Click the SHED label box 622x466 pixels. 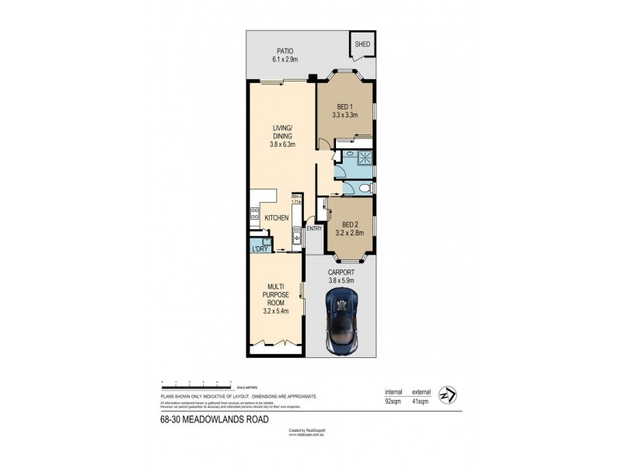(x=362, y=44)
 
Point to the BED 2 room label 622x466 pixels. (x=348, y=226)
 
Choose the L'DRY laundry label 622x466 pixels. (x=258, y=248)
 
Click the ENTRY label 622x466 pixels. (x=314, y=228)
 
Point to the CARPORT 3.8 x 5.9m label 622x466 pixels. (x=341, y=276)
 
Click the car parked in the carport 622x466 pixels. (x=341, y=322)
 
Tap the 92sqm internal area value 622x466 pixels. (x=393, y=403)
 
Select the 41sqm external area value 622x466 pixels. (x=422, y=403)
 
